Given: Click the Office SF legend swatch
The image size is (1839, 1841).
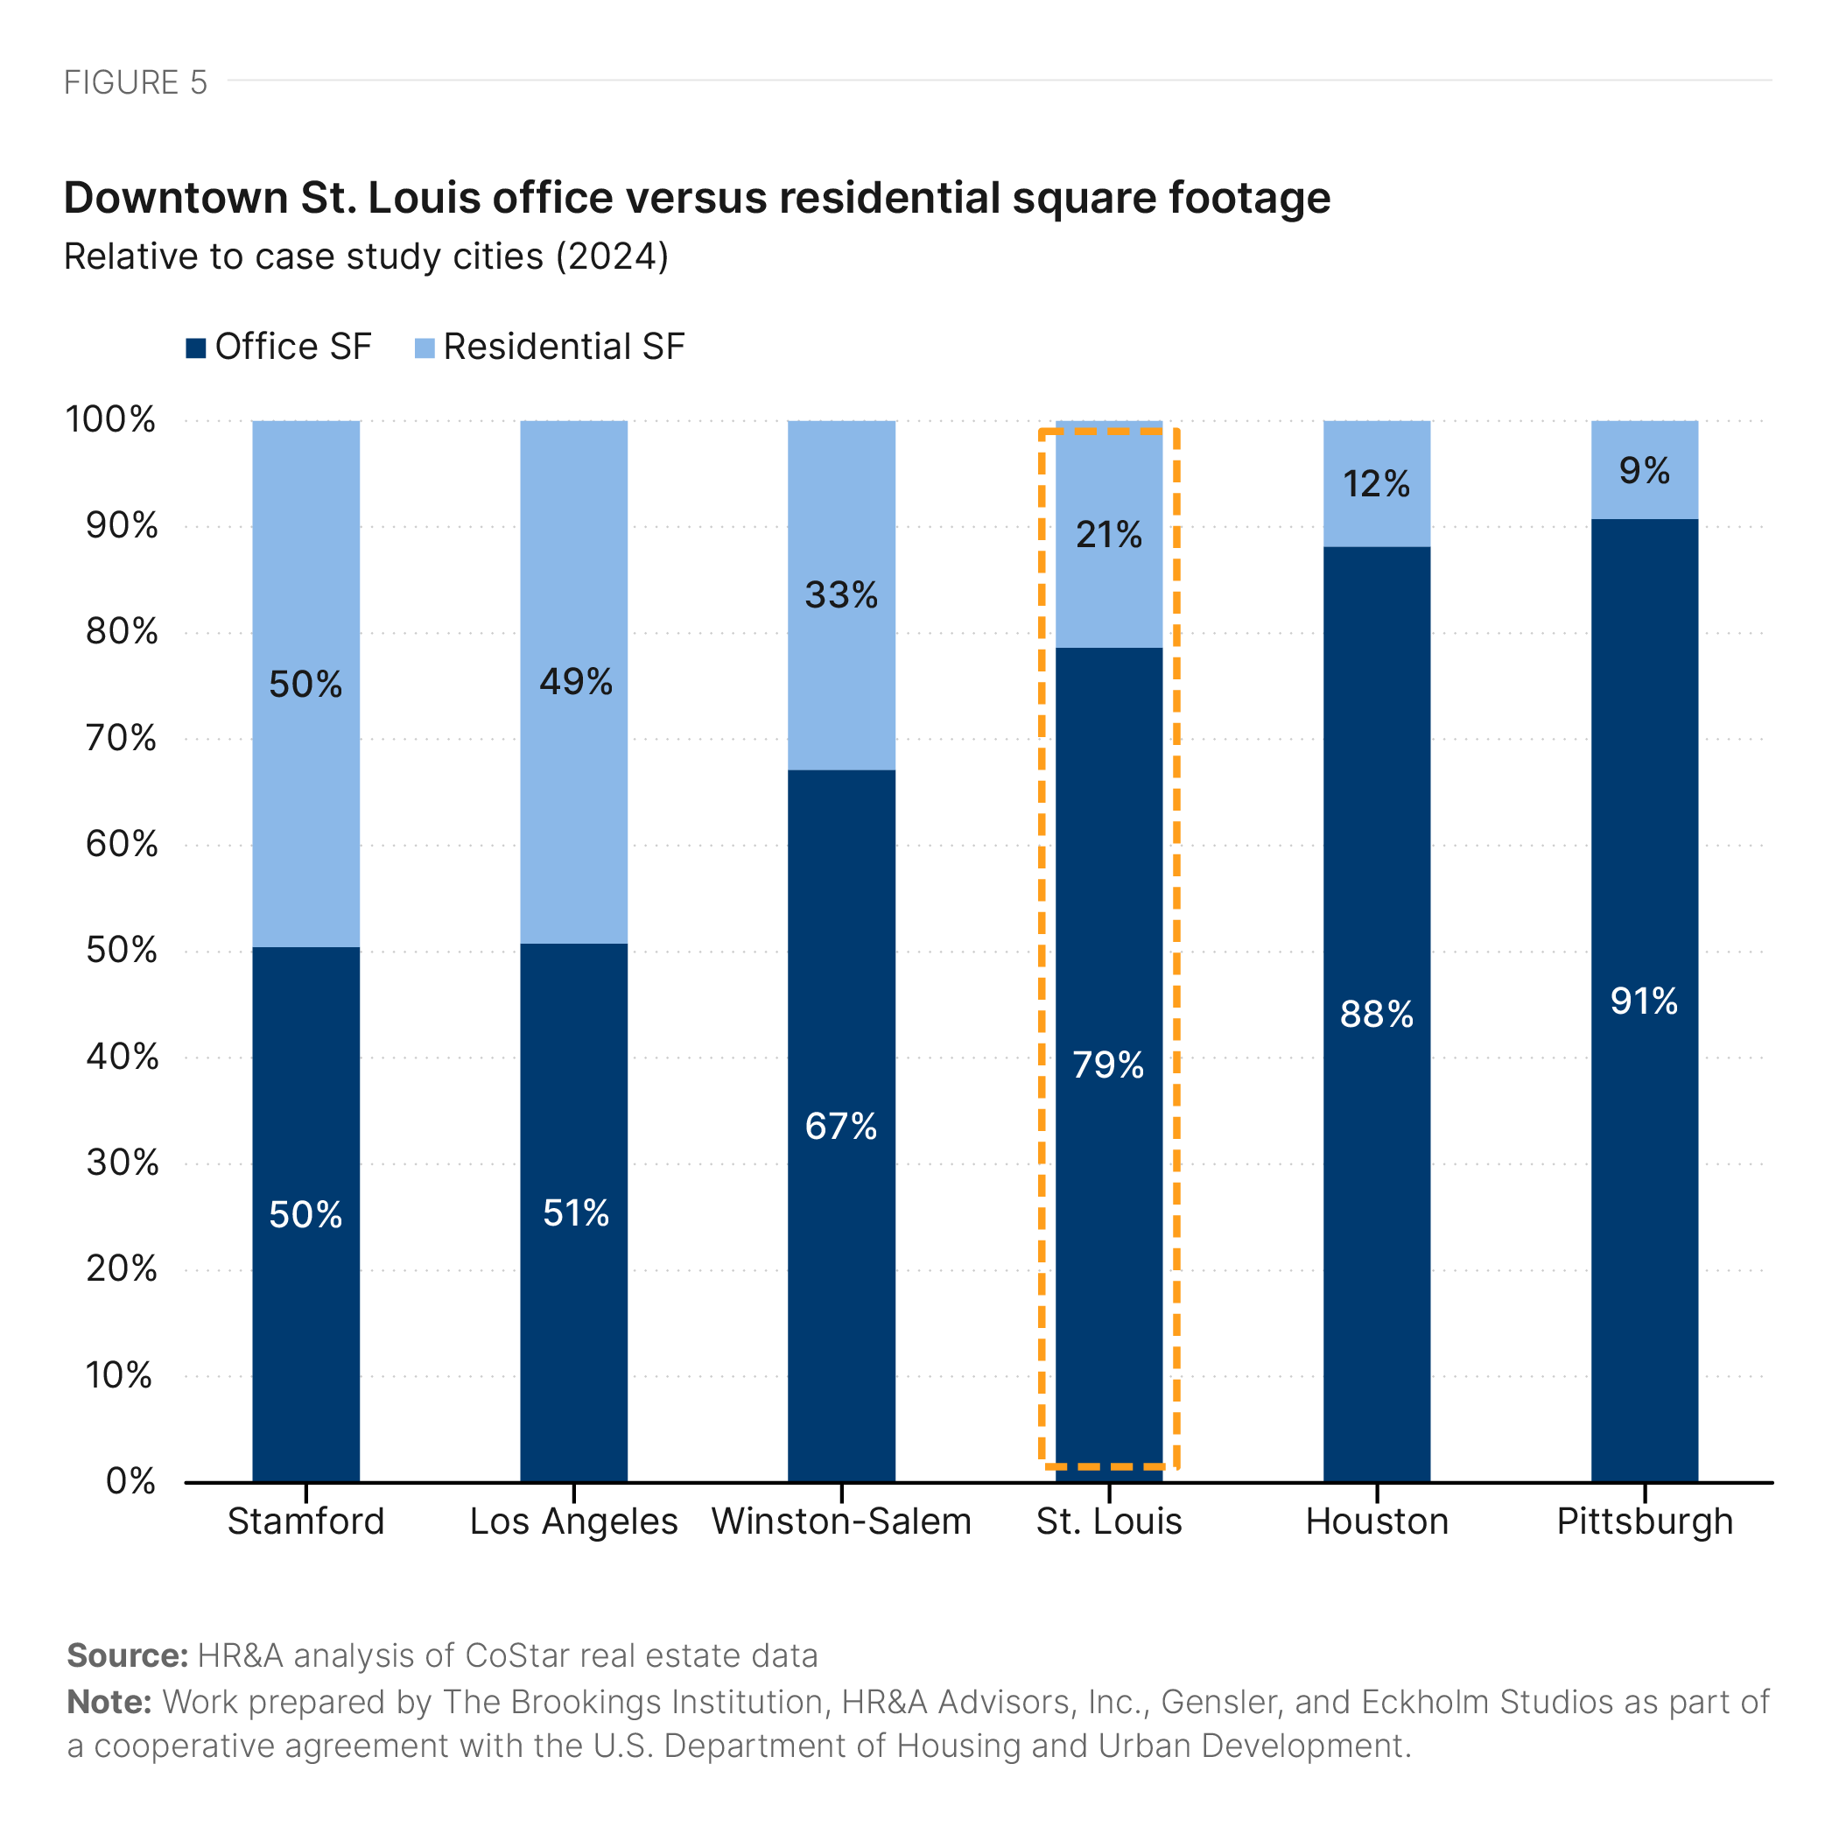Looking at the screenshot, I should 195,348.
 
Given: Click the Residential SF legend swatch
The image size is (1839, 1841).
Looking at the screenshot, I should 424,348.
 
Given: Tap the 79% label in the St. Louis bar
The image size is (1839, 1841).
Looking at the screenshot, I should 1107,1065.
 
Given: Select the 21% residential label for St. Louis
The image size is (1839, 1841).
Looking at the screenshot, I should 1108,535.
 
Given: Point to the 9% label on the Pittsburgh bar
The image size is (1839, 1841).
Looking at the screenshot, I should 1644,471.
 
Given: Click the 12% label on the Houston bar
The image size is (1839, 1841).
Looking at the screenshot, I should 1376,484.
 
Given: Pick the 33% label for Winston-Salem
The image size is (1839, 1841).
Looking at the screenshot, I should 840,594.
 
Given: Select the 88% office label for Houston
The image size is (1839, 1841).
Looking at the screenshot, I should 1376,1014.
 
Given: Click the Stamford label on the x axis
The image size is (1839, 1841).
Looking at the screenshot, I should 305,1521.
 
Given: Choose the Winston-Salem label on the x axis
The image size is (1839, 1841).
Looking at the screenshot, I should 840,1521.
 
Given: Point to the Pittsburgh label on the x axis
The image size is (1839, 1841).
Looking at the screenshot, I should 1644,1521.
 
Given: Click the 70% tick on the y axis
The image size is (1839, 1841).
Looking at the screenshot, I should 121,739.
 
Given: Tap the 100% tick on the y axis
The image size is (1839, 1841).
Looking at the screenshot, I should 110,419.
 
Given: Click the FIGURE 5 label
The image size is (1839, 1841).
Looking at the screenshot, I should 136,83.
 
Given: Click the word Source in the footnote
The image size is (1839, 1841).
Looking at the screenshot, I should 127,1656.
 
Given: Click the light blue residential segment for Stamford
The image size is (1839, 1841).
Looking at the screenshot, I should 305,572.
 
